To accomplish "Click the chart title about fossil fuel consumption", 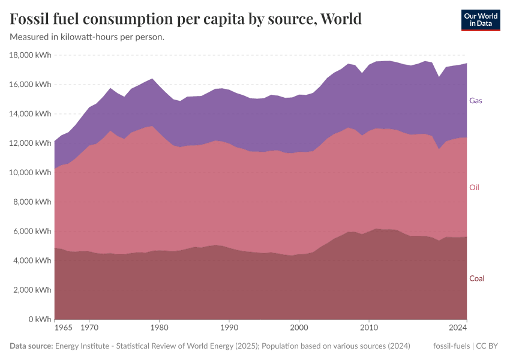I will [186, 19].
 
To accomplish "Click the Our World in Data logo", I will [480, 20].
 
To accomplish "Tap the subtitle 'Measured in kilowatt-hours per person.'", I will [87, 37].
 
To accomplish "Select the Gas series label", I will [475, 101].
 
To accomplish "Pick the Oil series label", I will [474, 188].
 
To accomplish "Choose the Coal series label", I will [476, 278].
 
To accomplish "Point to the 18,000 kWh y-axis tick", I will [31, 55].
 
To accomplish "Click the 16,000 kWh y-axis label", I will [31, 85].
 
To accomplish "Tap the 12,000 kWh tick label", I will [31, 143].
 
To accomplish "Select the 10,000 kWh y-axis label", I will [31, 173].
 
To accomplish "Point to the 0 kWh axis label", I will [40, 319].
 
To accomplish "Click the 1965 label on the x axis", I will [63, 328].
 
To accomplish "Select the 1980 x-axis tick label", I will [159, 328].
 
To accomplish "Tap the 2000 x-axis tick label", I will [299, 328].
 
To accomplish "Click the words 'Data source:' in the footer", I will [31, 346].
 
